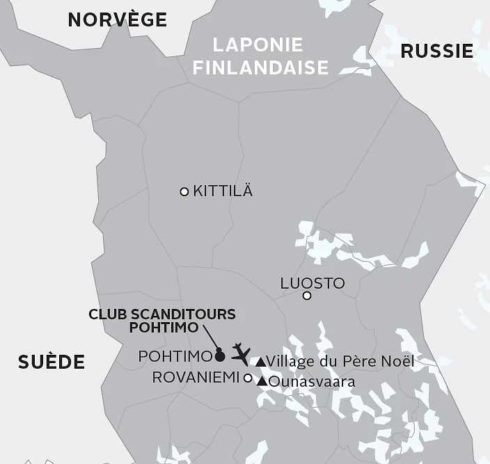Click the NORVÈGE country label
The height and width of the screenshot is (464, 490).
117,19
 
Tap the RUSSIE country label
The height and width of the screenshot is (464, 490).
437,51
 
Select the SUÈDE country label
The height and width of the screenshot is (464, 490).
52,362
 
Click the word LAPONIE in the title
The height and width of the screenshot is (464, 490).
258,45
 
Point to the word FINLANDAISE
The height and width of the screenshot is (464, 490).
260,67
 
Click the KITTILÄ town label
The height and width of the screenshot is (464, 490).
223,191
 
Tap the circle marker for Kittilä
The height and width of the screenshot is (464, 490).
184,191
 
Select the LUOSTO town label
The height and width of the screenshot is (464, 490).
312,283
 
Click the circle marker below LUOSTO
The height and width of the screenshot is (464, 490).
307,296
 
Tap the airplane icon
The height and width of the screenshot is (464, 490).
241,352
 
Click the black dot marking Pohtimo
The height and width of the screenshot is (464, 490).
220,356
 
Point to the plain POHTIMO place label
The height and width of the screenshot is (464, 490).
175,356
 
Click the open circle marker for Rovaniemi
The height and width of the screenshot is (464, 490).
248,378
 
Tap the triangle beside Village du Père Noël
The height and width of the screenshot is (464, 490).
260,362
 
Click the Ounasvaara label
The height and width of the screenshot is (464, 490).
312,381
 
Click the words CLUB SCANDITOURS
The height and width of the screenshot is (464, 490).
162,314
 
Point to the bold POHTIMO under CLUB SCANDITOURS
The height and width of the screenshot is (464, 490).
164,327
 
